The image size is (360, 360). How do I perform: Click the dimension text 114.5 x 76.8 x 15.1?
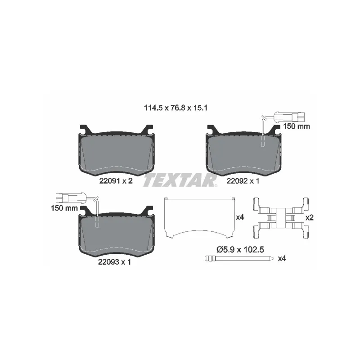(175, 108)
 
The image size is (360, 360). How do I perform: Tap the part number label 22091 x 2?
(116, 181)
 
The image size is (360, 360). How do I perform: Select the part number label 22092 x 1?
(243, 181)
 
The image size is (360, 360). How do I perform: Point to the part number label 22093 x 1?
(115, 262)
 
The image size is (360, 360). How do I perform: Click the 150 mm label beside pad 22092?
(297, 126)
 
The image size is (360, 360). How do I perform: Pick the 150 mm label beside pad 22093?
(64, 208)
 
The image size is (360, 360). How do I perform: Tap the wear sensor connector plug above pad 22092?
(289, 117)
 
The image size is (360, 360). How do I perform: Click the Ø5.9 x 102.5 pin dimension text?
(240, 249)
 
